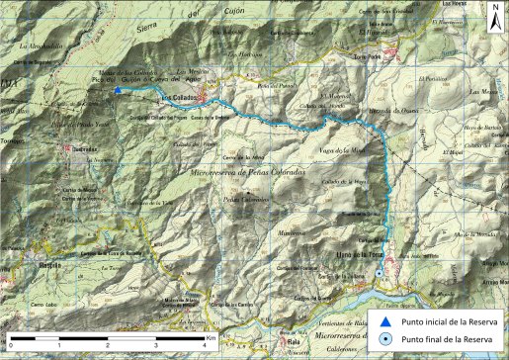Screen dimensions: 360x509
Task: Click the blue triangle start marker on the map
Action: coord(118,91)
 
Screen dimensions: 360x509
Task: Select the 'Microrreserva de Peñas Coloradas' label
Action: coord(251,173)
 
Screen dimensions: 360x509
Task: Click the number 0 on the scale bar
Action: coord(11,343)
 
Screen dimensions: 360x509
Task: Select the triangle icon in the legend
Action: coord(385,321)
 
